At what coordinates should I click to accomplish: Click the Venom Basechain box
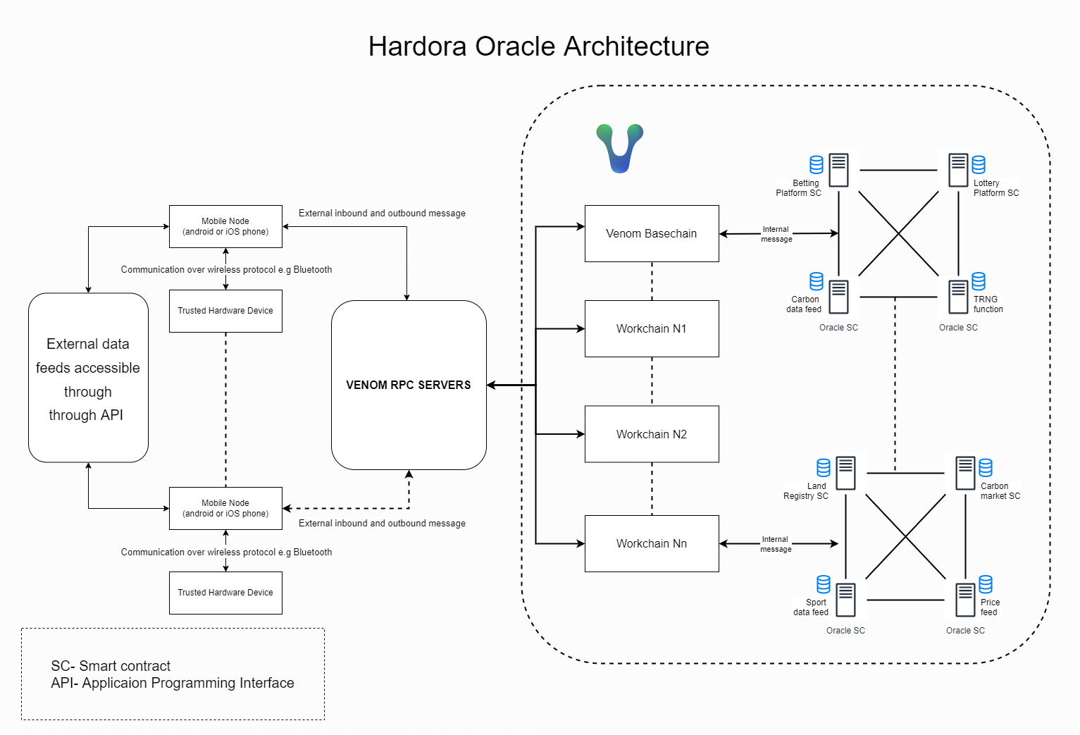point(651,233)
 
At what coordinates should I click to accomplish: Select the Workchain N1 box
point(651,328)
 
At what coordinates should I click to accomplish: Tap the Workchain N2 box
point(651,434)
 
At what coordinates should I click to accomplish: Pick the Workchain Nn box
point(651,543)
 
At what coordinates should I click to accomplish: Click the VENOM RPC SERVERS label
point(408,385)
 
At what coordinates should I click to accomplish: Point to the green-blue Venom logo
point(619,148)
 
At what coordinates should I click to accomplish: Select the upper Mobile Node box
point(225,226)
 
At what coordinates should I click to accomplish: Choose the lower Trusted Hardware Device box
point(225,593)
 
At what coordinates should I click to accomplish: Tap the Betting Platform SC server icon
point(838,170)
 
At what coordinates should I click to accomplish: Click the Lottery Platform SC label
point(995,188)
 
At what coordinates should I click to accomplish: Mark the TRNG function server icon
point(958,297)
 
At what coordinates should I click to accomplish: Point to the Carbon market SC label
point(1000,491)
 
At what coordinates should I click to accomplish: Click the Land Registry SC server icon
point(845,473)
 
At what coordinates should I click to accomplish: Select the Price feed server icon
point(965,600)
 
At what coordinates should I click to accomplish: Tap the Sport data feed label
point(811,607)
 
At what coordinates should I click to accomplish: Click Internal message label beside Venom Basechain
point(776,234)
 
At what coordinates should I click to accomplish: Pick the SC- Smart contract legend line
point(111,666)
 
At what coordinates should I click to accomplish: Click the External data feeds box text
point(88,379)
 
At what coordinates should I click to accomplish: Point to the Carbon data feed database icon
point(817,281)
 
